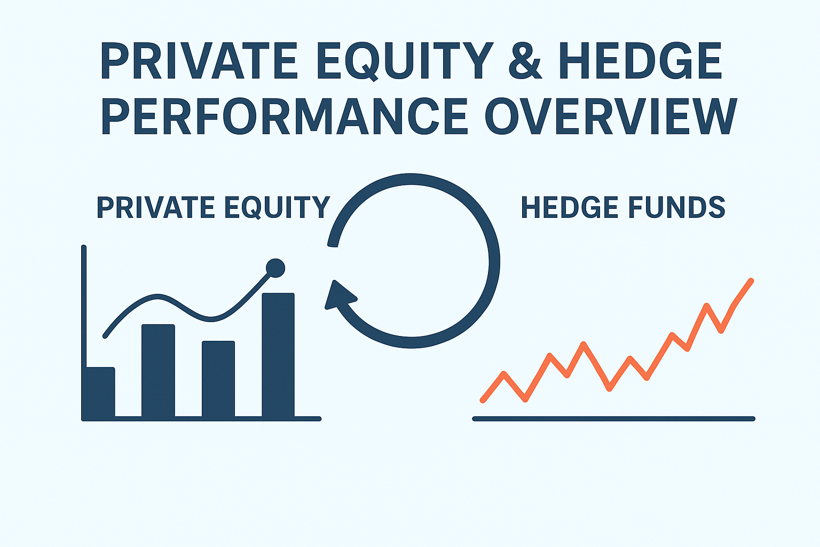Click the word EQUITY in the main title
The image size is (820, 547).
click(400, 61)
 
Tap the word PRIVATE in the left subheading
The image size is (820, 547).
click(155, 207)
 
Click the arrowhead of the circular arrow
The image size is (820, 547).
click(338, 295)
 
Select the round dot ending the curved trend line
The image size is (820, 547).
click(275, 268)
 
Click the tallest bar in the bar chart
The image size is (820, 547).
click(278, 355)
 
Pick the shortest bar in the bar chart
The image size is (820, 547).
click(100, 393)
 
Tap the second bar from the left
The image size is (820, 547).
click(158, 371)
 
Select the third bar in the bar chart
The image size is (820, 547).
click(218, 379)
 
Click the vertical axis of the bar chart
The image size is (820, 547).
click(83, 333)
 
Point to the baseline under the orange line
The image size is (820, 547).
click(613, 419)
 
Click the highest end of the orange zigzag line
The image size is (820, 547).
click(751, 280)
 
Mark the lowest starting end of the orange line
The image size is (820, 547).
click(483, 400)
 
